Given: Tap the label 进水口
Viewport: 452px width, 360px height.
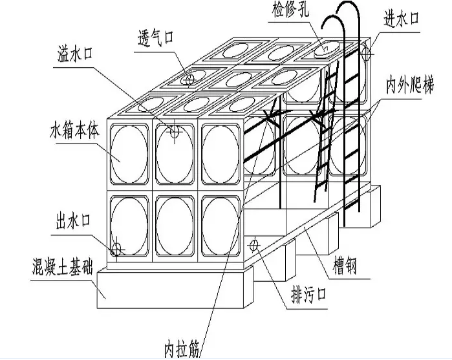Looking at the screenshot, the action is [401, 19].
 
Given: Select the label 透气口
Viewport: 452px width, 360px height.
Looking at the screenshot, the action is [156, 37].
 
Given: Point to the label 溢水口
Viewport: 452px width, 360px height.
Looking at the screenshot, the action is [75, 54].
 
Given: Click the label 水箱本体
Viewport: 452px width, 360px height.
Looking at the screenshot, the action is [74, 131].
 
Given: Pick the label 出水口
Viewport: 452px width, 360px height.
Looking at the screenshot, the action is [72, 221].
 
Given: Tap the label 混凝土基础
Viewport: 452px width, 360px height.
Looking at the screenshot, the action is [63, 267].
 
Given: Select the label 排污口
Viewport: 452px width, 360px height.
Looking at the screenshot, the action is [309, 295].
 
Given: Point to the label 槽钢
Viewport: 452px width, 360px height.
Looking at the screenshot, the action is [345, 266].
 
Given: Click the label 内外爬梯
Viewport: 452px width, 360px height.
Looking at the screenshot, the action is [410, 85].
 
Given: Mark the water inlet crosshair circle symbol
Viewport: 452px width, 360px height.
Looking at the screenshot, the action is [366, 54].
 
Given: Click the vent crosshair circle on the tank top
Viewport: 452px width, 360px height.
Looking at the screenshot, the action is [188, 79].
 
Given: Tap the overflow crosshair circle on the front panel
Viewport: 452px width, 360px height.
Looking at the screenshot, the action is [175, 132].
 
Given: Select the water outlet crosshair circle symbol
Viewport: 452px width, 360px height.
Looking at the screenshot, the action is [117, 249].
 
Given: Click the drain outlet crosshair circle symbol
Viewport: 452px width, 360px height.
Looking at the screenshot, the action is [254, 246].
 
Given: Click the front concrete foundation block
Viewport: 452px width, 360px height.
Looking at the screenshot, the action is [173, 290].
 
